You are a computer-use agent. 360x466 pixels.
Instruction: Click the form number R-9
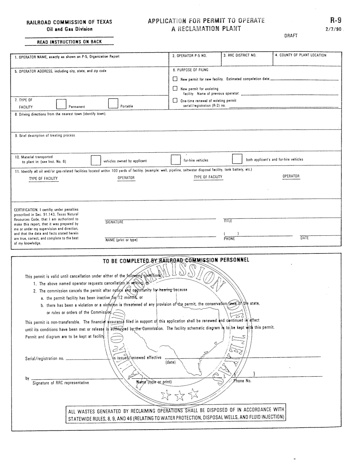(x=335, y=20)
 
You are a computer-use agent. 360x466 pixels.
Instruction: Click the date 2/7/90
(x=334, y=29)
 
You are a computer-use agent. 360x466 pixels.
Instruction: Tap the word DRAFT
(x=291, y=36)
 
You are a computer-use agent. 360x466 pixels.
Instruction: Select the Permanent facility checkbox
(x=61, y=104)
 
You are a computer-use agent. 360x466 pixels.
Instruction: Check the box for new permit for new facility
(x=175, y=79)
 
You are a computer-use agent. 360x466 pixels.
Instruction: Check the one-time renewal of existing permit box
(x=175, y=100)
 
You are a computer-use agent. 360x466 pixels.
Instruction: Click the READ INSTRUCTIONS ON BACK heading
(x=69, y=42)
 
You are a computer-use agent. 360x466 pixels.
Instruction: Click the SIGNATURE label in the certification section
(x=114, y=222)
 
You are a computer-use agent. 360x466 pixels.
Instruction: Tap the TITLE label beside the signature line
(x=228, y=220)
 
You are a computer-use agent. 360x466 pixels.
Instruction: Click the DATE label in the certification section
(x=304, y=238)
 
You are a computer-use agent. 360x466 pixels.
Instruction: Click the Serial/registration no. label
(x=44, y=358)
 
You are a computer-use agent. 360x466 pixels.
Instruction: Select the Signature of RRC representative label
(x=61, y=383)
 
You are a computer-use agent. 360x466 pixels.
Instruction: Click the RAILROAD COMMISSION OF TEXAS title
(x=69, y=22)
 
